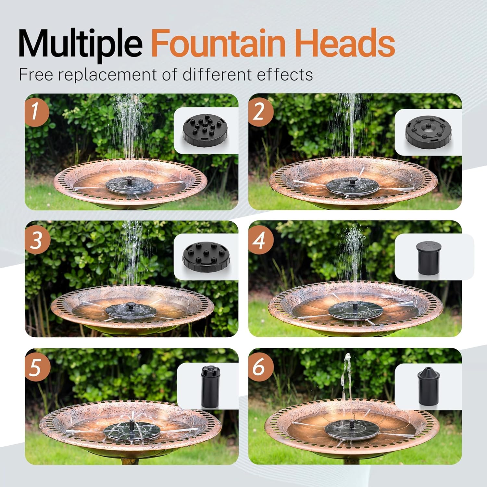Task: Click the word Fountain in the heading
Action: tap(218, 43)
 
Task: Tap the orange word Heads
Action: tap(345, 43)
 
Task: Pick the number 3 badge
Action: tap(37, 241)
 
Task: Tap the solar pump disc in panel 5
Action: tap(132, 430)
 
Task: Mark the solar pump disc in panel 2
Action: tap(353, 186)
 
